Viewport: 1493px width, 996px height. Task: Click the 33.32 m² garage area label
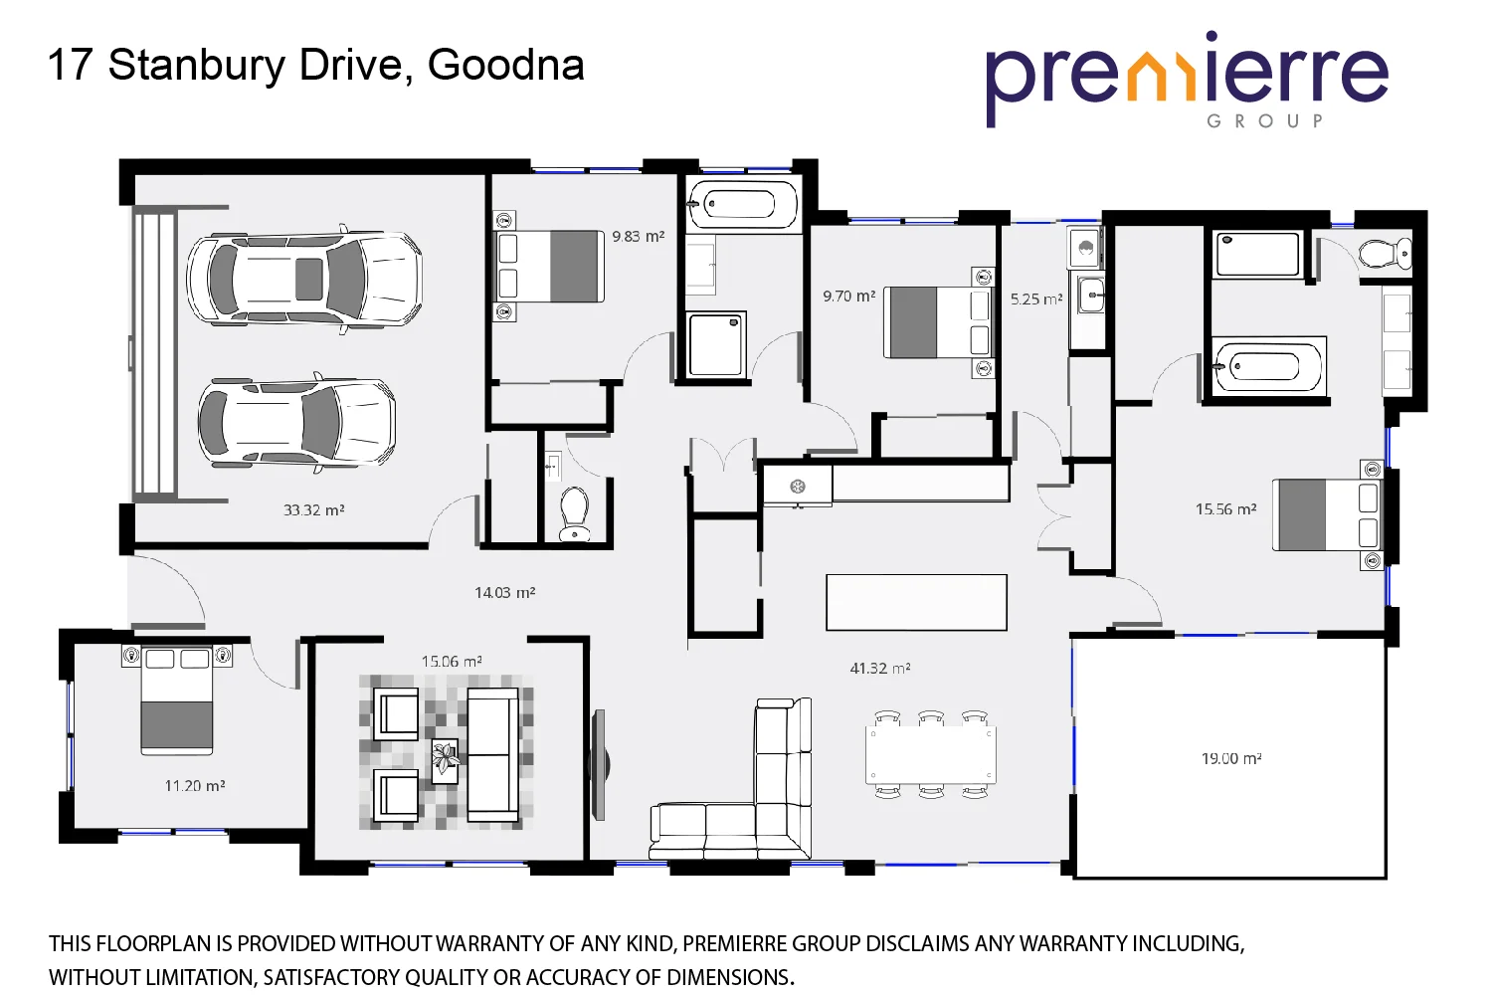[313, 510]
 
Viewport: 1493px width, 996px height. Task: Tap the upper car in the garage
[304, 279]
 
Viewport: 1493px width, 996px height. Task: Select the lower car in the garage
[296, 423]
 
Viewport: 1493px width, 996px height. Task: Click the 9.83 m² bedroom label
[638, 237]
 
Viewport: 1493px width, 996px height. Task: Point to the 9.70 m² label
[848, 297]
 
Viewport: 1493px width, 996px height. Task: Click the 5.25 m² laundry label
[1036, 299]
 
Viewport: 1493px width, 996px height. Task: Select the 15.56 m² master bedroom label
[1225, 509]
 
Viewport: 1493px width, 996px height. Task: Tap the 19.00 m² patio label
[1231, 759]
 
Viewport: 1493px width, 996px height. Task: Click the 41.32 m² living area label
[879, 669]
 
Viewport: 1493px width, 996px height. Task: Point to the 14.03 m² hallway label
[504, 593]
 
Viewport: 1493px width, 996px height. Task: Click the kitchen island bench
[916, 602]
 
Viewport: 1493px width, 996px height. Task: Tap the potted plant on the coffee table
[445, 760]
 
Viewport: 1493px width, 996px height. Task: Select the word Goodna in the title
[505, 66]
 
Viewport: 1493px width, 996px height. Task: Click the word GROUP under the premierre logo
[1264, 121]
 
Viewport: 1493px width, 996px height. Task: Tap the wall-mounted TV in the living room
[600, 764]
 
